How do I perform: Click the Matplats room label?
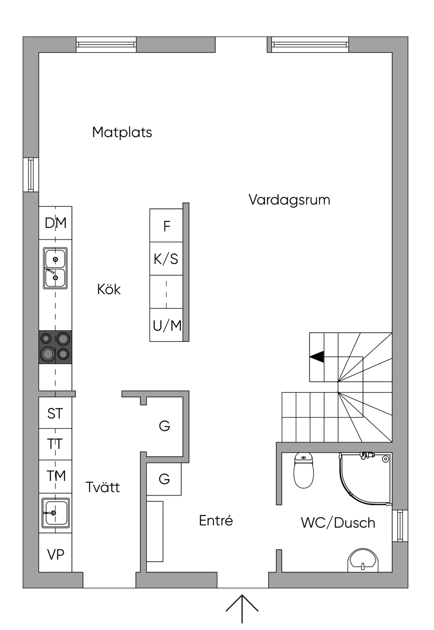[122, 132]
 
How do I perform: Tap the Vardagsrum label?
[289, 200]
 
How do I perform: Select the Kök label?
[108, 289]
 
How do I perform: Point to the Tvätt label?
[103, 487]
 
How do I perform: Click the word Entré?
[216, 520]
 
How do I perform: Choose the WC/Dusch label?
[338, 522]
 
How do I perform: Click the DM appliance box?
[56, 223]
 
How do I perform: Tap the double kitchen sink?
[55, 268]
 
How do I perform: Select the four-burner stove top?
[55, 347]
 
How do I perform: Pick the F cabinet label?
[167, 226]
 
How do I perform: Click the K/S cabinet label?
[166, 259]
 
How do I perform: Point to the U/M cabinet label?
[167, 326]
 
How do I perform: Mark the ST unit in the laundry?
[55, 414]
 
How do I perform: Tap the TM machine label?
[56, 476]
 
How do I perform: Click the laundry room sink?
[56, 513]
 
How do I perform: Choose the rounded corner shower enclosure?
[365, 479]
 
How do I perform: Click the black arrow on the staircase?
[317, 357]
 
